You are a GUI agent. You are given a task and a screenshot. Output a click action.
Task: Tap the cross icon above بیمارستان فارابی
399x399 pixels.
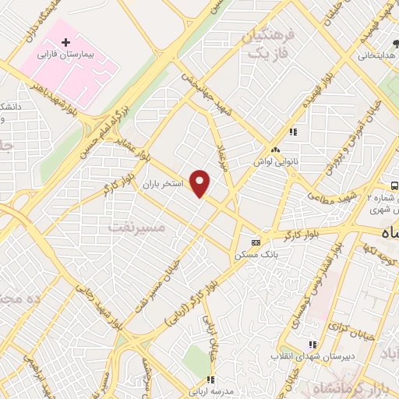click(x=66, y=41)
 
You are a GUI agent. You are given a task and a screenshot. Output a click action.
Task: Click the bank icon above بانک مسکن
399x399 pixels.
click(x=255, y=242)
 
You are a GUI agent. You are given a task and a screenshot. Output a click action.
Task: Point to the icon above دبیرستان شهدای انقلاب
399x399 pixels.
click(x=312, y=344)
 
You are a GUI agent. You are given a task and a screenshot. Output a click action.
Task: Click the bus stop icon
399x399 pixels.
click(x=396, y=185)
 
